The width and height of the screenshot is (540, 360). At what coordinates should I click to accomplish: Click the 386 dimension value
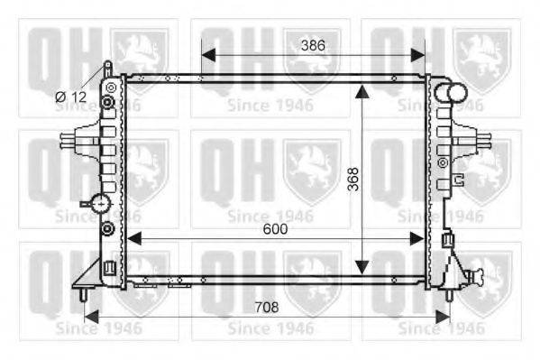coord(313,45)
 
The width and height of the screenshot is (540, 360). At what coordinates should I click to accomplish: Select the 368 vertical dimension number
coord(353,179)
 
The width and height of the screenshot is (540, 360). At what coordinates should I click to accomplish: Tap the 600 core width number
coord(275,229)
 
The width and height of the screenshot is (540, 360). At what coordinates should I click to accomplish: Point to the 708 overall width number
coord(267,307)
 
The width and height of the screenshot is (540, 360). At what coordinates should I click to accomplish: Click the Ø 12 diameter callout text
coord(70,97)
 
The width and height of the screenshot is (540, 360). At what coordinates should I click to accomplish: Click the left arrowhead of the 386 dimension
coord(208,55)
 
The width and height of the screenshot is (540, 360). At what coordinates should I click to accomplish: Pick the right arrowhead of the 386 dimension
coord(418,55)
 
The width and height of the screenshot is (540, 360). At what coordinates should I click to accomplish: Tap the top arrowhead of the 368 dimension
coord(362,91)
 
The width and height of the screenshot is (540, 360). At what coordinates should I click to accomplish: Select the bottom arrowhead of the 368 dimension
coord(362,268)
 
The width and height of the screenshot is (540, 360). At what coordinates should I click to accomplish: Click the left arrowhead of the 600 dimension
coord(134,238)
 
